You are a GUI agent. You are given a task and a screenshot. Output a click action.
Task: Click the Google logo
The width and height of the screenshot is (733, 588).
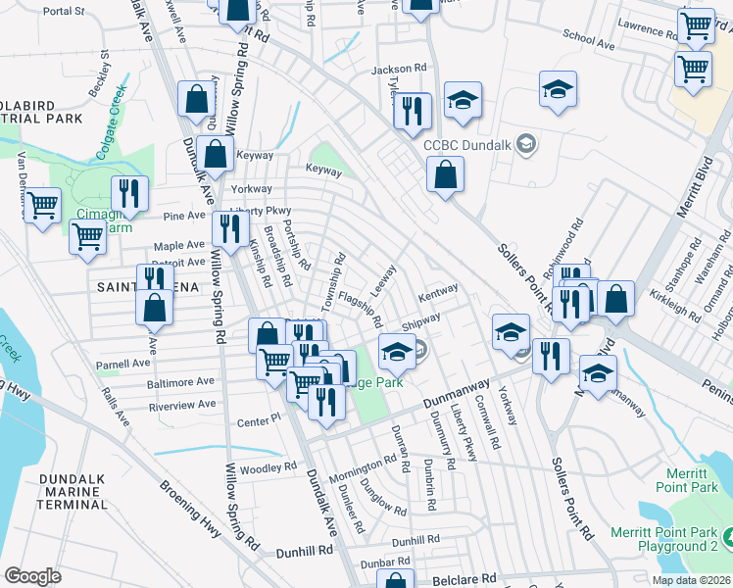[32, 576]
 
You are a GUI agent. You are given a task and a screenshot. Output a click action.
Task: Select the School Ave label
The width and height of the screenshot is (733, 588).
[588, 39]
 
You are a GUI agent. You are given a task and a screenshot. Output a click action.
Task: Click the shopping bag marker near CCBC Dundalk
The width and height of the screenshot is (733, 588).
[445, 175]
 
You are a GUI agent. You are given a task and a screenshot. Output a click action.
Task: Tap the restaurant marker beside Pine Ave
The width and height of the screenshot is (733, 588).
[129, 193]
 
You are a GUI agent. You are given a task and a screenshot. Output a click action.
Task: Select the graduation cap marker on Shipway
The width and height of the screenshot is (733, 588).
[397, 351]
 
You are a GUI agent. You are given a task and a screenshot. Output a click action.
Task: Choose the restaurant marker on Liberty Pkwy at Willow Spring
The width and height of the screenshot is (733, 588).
[230, 230]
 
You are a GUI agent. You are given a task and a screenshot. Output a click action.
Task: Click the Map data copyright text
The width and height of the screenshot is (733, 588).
[691, 578]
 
